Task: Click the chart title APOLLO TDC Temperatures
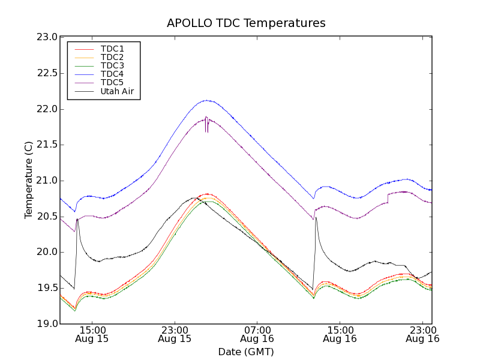point(246,23)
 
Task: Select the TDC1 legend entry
point(112,49)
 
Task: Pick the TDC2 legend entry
point(112,57)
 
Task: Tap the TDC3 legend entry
point(112,65)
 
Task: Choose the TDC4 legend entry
point(112,74)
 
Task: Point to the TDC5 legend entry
point(112,83)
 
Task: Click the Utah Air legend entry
point(117,92)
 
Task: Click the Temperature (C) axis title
point(29,180)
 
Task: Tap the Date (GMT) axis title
point(246,352)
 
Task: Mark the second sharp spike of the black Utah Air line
point(316,218)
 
